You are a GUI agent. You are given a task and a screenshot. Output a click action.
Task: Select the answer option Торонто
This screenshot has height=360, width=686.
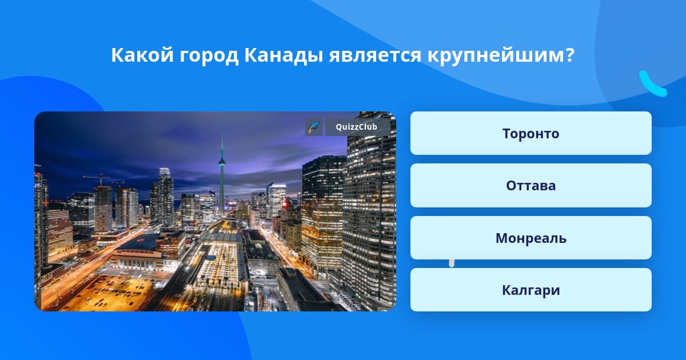531,133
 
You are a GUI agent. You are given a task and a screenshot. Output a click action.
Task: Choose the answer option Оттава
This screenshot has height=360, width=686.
531,186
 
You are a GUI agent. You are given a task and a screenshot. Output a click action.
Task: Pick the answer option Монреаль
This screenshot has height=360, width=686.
531,238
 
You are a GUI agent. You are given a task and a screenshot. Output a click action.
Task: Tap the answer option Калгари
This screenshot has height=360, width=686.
531,290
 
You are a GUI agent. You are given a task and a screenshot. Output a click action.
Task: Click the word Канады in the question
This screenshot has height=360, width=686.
284,56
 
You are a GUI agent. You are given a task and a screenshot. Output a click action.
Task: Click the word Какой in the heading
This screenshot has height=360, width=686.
142,55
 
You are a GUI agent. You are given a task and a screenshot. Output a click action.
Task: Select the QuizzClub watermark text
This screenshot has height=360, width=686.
356,127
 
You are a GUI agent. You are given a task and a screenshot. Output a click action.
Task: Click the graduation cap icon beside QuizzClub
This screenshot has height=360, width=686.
314,127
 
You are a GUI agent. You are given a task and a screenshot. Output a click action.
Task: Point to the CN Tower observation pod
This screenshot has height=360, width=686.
222,162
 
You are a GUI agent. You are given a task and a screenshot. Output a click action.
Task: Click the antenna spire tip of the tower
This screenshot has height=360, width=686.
222,136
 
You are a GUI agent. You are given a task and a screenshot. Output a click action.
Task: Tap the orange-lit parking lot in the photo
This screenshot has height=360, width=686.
113,291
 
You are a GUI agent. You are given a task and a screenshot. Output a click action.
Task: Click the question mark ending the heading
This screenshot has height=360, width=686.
569,55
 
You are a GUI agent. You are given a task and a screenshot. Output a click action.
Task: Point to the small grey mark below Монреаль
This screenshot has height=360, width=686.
452,263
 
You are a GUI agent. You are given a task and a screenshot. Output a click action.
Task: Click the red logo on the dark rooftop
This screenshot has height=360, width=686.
140,241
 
